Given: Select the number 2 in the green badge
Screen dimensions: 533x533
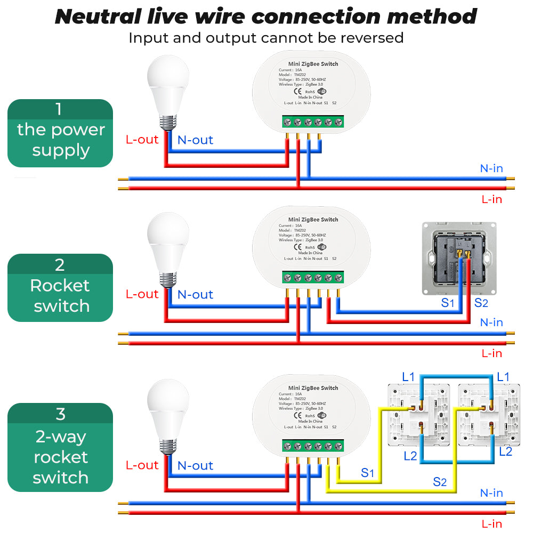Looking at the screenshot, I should click(60, 265).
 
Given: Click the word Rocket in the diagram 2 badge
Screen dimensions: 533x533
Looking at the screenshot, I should click(60, 286).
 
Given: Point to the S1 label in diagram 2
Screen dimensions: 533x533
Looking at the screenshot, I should click(448, 303).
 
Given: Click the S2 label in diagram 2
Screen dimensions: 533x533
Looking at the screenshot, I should click(481, 303).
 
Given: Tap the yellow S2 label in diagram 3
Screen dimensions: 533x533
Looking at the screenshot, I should click(440, 482).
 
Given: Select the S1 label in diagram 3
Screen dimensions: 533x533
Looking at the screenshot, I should click(368, 472).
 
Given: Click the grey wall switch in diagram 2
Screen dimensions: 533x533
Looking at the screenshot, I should click(459, 258).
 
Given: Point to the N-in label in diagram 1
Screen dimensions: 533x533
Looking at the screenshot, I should click(491, 168).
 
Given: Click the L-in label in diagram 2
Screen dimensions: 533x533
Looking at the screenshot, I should click(491, 353).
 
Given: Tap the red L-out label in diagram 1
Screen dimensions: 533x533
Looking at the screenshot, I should click(142, 140).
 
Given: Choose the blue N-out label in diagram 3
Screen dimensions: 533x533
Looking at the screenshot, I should click(195, 465).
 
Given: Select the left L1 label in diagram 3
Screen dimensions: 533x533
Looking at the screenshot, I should click(408, 377).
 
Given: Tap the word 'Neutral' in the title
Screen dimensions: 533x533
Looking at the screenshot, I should click(97, 16).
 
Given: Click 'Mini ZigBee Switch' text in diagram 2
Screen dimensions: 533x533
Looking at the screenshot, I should click(313, 220).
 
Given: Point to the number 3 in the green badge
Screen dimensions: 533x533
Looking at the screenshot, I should click(60, 414).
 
